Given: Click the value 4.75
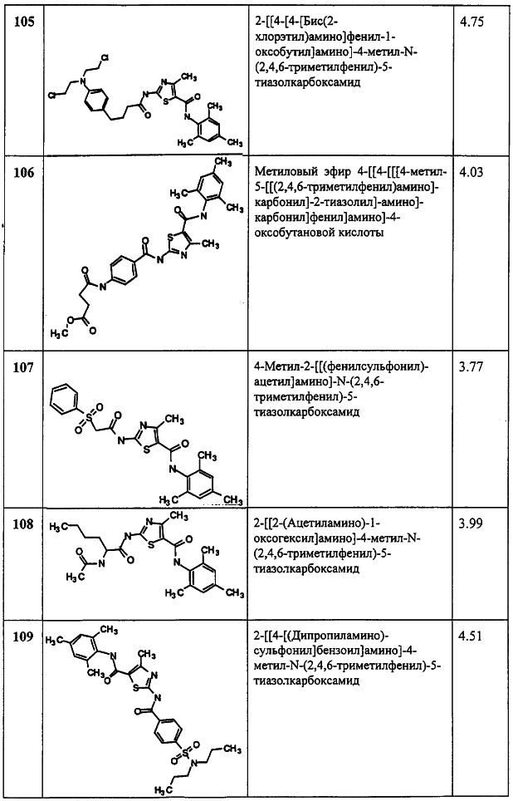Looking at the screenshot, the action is tap(471, 23).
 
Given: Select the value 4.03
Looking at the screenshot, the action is tap(471, 173).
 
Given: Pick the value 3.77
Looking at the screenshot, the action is tap(471, 366).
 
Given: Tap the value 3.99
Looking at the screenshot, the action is tap(471, 524).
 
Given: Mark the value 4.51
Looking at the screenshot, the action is tap(471, 637).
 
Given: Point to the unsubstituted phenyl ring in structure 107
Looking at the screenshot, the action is tap(66, 397).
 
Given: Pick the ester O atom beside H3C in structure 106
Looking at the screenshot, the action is tap(71, 320).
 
